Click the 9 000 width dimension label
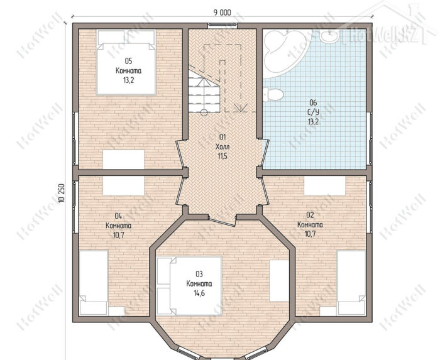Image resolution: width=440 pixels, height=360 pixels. [223, 13]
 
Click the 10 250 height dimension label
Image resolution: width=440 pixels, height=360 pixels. [62, 193]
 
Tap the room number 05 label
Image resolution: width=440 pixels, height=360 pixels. [128, 61]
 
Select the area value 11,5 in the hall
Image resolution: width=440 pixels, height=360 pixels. [223, 156]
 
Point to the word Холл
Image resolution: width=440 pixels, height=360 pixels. [223, 146]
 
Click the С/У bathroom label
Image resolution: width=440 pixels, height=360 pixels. [313, 112]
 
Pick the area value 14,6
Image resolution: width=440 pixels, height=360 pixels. [199, 293]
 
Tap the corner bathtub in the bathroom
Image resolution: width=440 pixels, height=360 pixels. [286, 54]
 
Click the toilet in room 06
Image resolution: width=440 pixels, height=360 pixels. [273, 94]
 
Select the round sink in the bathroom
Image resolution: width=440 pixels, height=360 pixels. [329, 36]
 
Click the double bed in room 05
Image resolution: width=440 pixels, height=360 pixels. [126, 62]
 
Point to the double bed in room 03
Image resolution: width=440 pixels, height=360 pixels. [189, 286]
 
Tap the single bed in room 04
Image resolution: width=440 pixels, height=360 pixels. [94, 282]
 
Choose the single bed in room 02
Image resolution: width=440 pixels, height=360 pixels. [351, 282]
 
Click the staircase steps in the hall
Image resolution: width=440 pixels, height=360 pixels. [204, 90]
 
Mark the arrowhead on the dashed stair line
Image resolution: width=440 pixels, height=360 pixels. [241, 107]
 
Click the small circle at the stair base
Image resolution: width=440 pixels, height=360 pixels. [204, 112]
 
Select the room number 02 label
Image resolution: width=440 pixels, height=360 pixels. [310, 215]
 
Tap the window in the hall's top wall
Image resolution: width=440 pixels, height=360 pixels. [223, 26]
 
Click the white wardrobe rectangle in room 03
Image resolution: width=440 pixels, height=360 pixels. [279, 281]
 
